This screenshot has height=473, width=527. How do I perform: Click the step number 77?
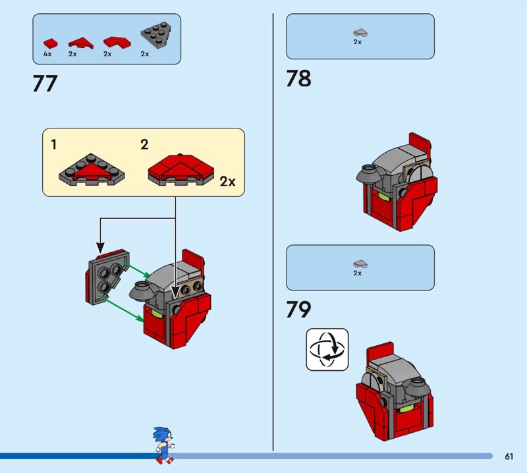(x=45, y=84)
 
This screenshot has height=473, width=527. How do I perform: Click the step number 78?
(x=298, y=78)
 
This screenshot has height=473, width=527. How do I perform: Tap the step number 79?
(x=298, y=309)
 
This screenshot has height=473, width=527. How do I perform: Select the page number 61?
(x=509, y=456)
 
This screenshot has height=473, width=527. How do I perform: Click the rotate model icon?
(x=327, y=350)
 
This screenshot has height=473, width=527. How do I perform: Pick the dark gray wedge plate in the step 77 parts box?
(x=155, y=35)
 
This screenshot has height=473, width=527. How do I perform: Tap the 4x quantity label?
(x=47, y=54)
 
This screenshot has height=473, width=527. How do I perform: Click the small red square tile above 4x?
(x=51, y=43)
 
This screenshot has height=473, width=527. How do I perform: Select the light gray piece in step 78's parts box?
(x=360, y=32)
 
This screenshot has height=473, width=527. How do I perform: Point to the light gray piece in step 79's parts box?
(x=360, y=264)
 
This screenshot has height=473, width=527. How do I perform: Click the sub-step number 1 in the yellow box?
(x=54, y=144)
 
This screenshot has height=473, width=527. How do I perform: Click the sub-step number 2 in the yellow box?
(x=144, y=144)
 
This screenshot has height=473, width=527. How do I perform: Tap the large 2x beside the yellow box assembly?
(x=227, y=182)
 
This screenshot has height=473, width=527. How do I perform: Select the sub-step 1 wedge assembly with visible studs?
(x=92, y=170)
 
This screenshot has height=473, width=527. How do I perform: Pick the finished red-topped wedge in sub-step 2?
(x=180, y=170)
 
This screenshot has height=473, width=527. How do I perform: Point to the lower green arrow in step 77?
(x=124, y=308)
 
